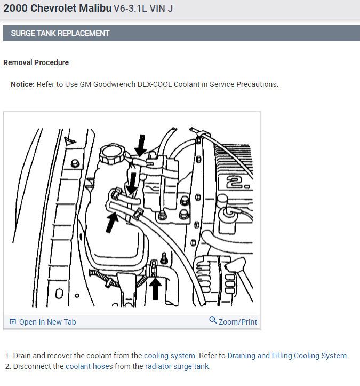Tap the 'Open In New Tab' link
click(x=47, y=322)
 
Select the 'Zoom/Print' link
click(x=238, y=322)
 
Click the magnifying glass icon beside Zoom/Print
click(x=213, y=320)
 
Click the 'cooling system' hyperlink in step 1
click(x=170, y=356)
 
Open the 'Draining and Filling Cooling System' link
click(x=287, y=356)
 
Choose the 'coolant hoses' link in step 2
click(x=89, y=366)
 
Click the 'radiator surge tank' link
click(x=177, y=366)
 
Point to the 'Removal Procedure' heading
click(x=36, y=62)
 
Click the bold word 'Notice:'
click(x=22, y=84)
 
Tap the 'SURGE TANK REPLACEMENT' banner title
click(x=60, y=33)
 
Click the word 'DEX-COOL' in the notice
click(x=155, y=84)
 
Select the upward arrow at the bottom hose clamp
click(x=155, y=288)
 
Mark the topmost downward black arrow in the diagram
click(x=141, y=146)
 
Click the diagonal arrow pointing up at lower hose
click(x=112, y=222)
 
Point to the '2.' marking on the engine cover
click(x=237, y=183)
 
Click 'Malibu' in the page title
click(x=95, y=8)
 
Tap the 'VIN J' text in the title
click(x=161, y=9)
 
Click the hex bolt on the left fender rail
click(x=75, y=163)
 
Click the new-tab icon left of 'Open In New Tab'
click(x=13, y=321)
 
